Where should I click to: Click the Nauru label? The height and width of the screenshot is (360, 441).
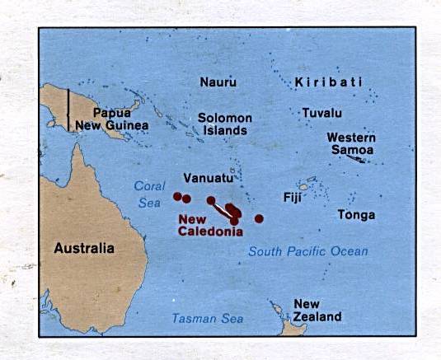click(218, 82)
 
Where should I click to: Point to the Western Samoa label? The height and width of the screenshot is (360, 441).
click(350, 143)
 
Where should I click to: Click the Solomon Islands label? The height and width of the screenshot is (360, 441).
click(224, 124)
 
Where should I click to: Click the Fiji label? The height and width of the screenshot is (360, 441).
click(292, 198)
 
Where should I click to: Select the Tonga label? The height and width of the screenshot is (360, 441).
click(356, 215)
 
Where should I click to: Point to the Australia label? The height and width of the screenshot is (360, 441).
click(84, 246)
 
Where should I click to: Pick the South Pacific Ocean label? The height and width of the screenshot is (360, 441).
click(308, 251)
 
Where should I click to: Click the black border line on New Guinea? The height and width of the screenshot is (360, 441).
click(68, 108)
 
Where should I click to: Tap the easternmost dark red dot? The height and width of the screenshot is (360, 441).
click(259, 218)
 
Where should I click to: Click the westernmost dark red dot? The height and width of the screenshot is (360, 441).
click(177, 196)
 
